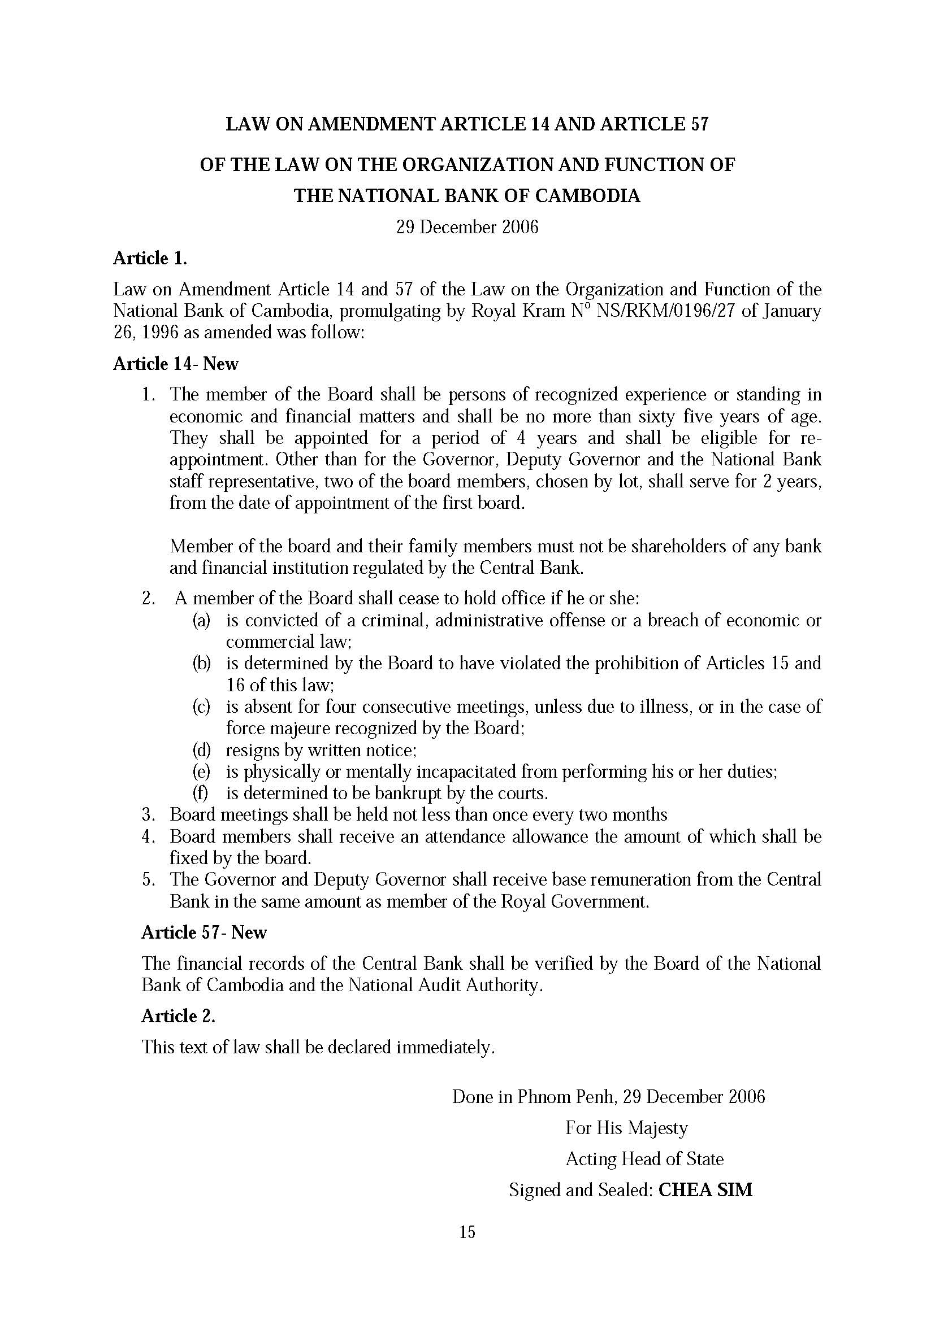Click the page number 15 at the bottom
click(467, 1232)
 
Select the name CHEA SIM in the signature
click(705, 1189)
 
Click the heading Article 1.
click(150, 259)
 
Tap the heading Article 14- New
click(176, 364)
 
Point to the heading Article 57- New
click(204, 932)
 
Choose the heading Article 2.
click(179, 1016)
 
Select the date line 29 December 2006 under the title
click(467, 227)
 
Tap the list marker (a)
click(201, 620)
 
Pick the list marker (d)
click(201, 750)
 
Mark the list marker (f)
click(200, 794)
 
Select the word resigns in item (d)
click(253, 750)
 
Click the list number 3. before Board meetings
click(149, 815)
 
